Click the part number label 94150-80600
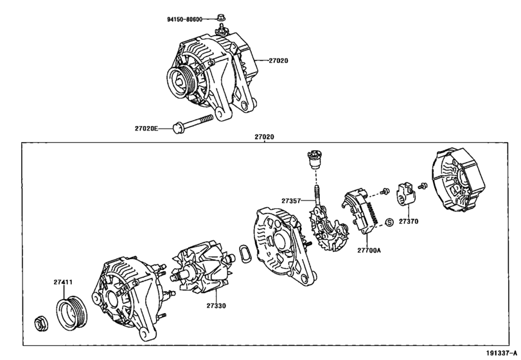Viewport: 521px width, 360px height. click(x=180, y=19)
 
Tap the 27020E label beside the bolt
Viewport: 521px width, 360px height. click(x=146, y=129)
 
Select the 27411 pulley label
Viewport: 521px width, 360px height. click(x=63, y=282)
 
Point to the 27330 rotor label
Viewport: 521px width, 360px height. click(x=216, y=306)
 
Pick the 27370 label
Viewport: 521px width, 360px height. click(x=408, y=221)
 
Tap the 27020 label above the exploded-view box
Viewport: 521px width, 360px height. click(x=264, y=137)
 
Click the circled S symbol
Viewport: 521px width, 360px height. click(x=389, y=222)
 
